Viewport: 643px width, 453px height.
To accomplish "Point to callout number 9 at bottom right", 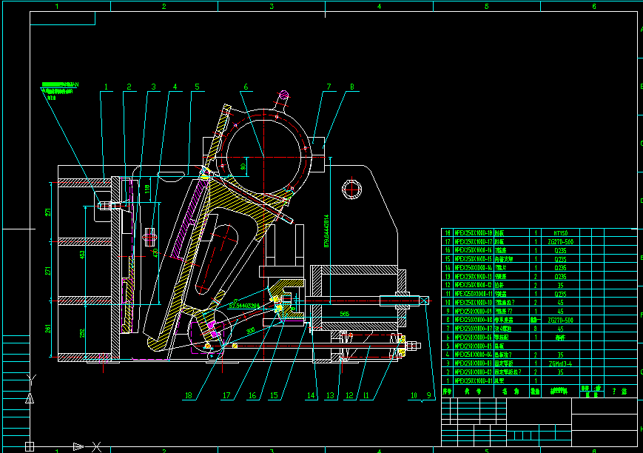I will coord(426,395).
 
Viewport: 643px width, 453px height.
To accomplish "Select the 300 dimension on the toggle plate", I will coord(251,330).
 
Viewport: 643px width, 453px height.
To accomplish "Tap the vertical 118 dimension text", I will coord(148,192).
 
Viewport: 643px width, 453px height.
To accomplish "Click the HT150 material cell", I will coord(559,232).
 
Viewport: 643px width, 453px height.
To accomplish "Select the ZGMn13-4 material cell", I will coord(559,363).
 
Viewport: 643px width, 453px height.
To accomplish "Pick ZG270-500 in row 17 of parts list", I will coord(559,241).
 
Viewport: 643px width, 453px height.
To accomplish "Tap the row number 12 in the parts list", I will coord(447,285).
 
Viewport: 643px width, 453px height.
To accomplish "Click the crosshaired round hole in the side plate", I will coord(350,187).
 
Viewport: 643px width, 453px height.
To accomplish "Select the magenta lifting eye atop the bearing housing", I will coord(283,97).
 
